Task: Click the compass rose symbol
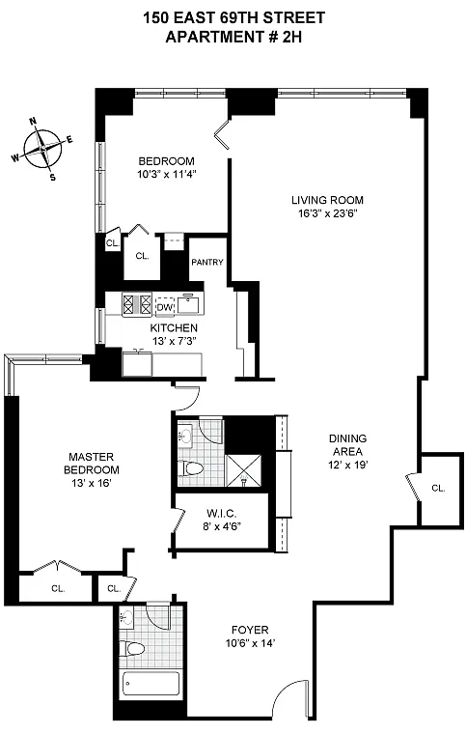pos(42,150)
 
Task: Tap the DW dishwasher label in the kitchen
pos(165,307)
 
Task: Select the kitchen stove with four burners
pos(137,304)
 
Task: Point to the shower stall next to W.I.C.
pos(243,470)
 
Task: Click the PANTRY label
pos(207,262)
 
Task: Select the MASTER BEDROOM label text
pos(91,463)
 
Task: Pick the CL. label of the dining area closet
pos(438,489)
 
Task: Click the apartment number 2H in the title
pos(291,37)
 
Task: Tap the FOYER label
pos(250,630)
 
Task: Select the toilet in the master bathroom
pos(192,467)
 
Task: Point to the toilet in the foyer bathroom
pos(131,649)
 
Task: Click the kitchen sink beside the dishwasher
pos(189,304)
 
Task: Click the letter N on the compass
pos(33,122)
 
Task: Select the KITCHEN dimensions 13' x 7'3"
pos(174,341)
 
